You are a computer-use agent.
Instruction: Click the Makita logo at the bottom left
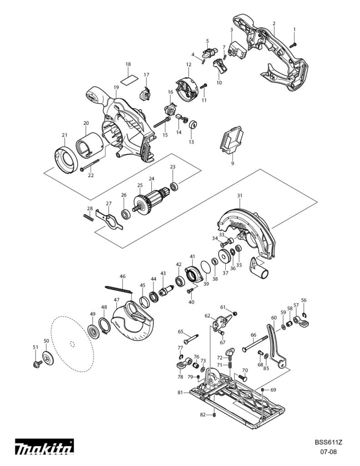[44, 448]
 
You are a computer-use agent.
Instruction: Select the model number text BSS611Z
[328, 442]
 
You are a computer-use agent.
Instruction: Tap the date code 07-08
[328, 452]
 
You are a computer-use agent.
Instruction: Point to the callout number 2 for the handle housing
[274, 23]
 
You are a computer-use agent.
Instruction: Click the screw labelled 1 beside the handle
[293, 45]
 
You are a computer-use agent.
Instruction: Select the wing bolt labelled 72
[231, 352]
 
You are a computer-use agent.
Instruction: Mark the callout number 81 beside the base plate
[180, 392]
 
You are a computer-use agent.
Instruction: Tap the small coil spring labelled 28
[89, 218]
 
